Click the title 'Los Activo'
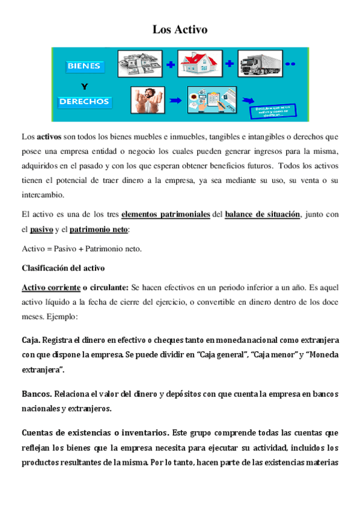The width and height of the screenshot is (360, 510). [180, 29]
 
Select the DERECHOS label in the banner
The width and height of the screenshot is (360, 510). [84, 101]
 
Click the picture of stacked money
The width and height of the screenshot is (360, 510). [139, 63]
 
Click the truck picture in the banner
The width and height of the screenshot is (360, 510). [260, 64]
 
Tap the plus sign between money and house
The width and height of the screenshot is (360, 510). [171, 64]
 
